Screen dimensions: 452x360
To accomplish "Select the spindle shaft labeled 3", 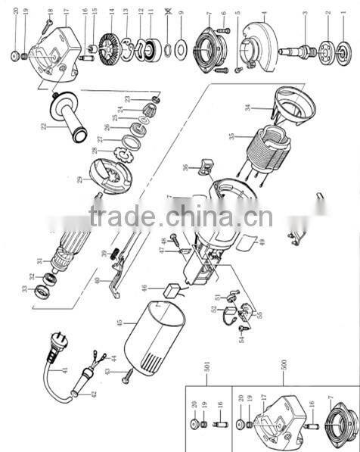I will point(299,51).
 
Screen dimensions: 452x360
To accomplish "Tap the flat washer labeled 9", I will point(182,50).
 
